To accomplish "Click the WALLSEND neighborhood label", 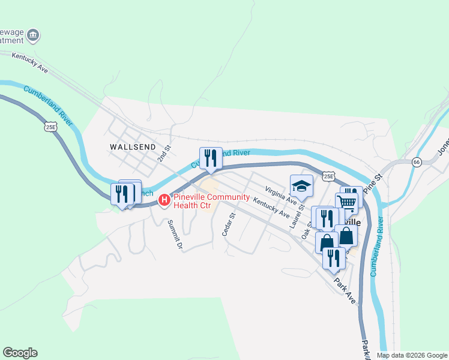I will coord(133,146).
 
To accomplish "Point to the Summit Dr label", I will coord(175,235).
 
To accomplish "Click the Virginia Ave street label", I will coord(281,194).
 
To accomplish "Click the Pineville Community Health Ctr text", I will coord(209,200).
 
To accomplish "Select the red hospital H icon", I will coord(163,200).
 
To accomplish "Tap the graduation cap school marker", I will coord(301,185).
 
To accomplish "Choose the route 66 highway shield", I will coord(416,163).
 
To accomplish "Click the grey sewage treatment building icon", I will coord(34,36).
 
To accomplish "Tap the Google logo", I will coord(20,353).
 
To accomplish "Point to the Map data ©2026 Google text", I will coord(411,355).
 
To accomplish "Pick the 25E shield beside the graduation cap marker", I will coord(328,176).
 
